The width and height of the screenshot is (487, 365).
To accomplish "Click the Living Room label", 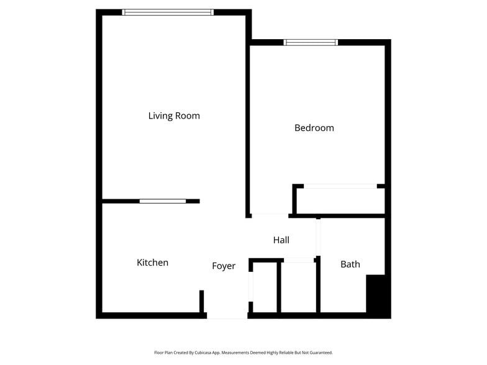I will pos(174,116).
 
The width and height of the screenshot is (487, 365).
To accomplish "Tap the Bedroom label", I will pos(314,128).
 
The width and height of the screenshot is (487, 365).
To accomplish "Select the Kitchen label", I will pos(152,263).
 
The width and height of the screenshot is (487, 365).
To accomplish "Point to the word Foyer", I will pos(224,266).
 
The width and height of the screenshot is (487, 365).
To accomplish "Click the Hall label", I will pos(281,240).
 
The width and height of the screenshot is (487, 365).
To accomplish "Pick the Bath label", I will pos(350,264).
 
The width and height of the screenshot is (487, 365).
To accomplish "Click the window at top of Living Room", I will pos(168,12).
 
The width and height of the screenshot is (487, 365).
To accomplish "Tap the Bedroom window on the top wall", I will pos(311,42).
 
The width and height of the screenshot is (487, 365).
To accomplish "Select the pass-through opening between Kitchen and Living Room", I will pos(162,201).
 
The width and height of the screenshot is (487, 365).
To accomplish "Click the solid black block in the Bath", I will pos(377,295).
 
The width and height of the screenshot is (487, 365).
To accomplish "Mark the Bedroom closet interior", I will pos(340,201).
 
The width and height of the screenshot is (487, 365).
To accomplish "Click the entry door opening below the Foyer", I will pos(227,316).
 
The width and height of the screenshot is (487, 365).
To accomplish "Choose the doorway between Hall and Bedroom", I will pos(270,215).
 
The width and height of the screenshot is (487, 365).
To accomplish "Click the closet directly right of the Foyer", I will pos(265,287).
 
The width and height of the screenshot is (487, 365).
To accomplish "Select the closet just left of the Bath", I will pos(299,287).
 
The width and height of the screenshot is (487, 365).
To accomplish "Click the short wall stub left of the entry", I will pos(202,302).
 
